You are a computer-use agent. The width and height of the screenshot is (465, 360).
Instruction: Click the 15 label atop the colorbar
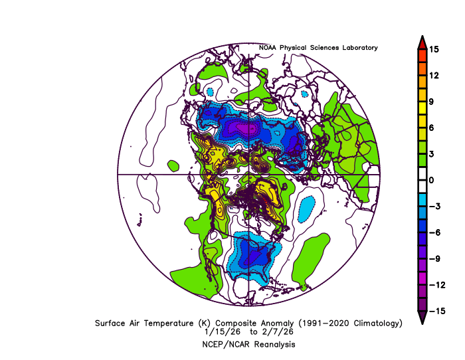click(433, 49)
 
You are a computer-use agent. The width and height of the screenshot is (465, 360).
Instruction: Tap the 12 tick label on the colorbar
click(433, 75)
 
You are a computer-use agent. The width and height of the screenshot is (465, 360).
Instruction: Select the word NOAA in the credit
click(268, 48)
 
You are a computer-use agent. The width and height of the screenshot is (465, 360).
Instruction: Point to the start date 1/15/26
click(222, 331)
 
